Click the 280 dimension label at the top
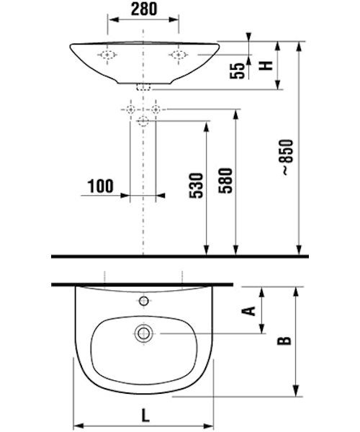tap(144, 9)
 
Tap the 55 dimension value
tap(238, 71)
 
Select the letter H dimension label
tap(266, 66)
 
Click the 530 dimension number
tap(196, 186)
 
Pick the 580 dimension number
tap(225, 181)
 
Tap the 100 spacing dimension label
tap(100, 186)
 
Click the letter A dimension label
tap(248, 310)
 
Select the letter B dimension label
tap(284, 341)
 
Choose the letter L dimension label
tap(145, 415)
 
